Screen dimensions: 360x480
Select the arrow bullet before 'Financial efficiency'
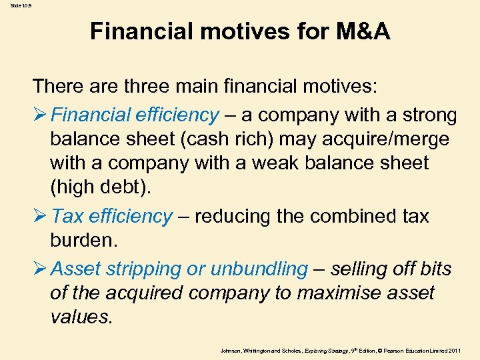point(40,115)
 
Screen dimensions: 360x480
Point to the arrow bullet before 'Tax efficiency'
point(40,217)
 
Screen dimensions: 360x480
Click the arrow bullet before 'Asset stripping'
point(40,269)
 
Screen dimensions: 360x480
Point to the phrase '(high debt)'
point(101,187)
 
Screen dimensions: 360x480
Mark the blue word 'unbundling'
point(259,269)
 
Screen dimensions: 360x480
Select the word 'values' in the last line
point(79,317)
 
